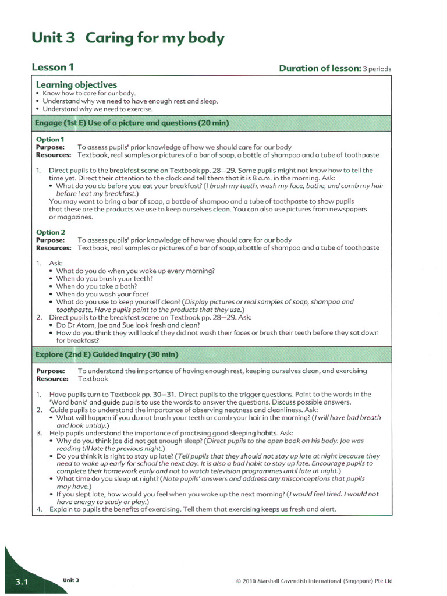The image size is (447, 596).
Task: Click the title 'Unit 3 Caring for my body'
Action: point(127,39)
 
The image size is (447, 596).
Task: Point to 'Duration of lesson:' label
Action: point(320,69)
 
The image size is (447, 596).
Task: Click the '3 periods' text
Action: point(377,69)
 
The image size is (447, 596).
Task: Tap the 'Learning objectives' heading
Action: point(76,85)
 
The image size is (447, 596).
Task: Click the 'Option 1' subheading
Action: point(50,140)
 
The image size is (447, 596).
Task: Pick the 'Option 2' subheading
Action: point(50,232)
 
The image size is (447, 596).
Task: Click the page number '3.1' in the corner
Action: point(22,582)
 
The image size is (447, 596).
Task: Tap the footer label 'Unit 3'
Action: point(71,580)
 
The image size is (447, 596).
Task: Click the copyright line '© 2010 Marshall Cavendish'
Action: point(314,581)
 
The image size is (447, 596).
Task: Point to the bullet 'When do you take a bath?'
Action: point(97,286)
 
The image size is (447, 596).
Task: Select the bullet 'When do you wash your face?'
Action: point(102,295)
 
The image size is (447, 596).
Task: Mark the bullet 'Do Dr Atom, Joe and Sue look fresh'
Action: point(130,325)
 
